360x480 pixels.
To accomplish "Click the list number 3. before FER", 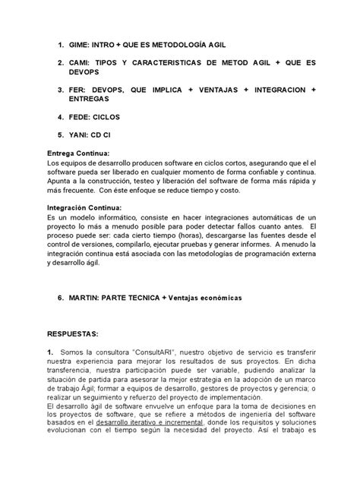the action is pyautogui.click(x=53, y=90).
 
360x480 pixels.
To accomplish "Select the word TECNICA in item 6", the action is pyautogui.click(x=151, y=298).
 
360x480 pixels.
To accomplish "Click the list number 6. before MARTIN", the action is pyautogui.click(x=53, y=298).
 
